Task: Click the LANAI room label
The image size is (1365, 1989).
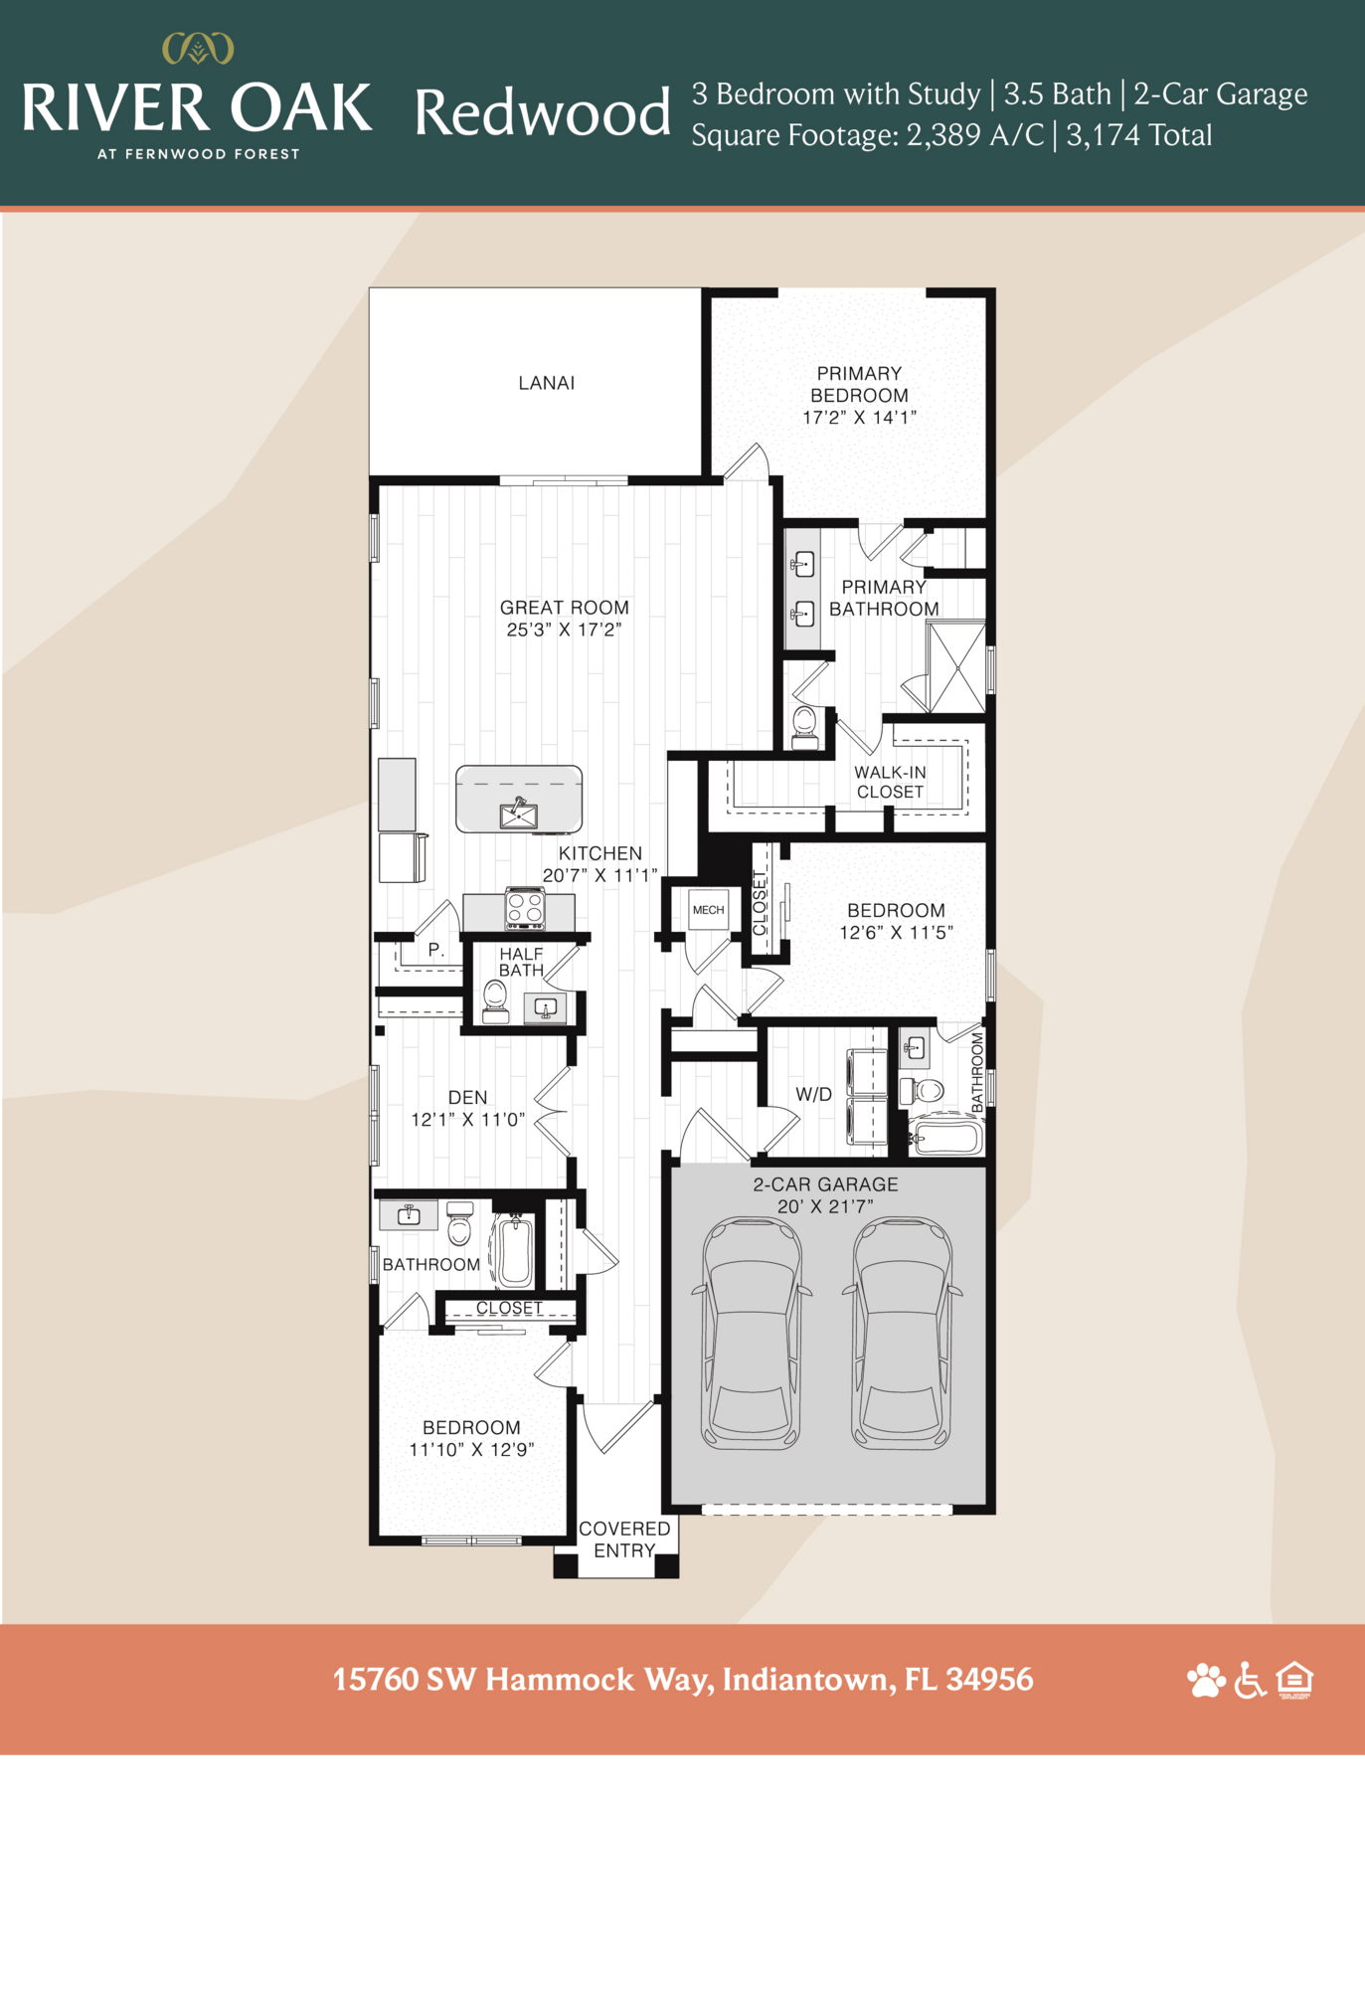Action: click(546, 383)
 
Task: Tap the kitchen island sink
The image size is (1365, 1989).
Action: click(518, 814)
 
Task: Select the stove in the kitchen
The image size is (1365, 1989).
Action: click(524, 908)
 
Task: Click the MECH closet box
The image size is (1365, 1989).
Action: click(708, 909)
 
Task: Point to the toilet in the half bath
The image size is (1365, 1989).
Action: click(494, 999)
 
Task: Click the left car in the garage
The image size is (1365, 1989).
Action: click(752, 1334)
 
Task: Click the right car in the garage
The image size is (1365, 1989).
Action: click(902, 1334)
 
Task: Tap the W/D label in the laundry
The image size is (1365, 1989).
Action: click(813, 1094)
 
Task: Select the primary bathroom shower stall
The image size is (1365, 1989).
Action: click(956, 666)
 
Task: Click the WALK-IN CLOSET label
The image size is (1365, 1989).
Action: click(890, 782)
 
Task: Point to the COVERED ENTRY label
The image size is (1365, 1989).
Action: click(624, 1538)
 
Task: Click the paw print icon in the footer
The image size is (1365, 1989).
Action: click(1206, 1680)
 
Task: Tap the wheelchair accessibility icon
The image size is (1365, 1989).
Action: click(1250, 1680)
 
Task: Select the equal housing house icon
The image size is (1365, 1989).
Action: click(1294, 1680)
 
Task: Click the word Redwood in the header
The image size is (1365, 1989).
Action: click(542, 112)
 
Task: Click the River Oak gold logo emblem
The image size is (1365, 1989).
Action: click(198, 48)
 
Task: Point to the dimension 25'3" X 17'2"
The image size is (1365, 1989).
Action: click(564, 630)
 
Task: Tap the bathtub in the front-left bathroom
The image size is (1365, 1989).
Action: click(515, 1250)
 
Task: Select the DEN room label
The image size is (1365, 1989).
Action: click(467, 1097)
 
